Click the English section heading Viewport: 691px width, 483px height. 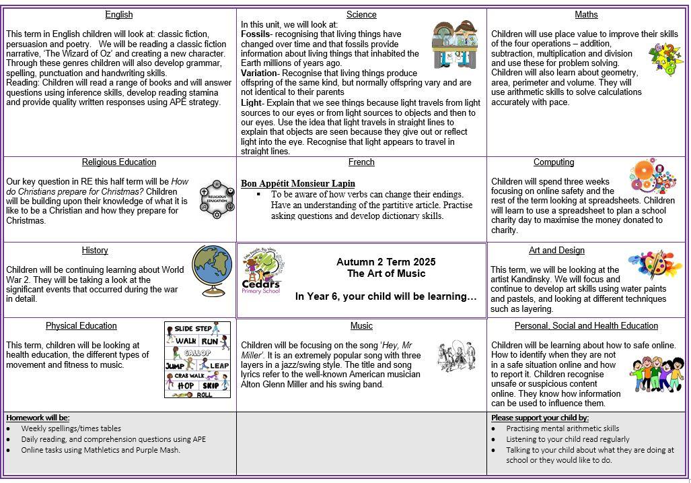click(119, 15)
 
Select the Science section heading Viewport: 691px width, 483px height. click(361, 15)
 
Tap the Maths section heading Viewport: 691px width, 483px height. click(586, 15)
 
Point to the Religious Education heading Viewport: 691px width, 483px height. click(119, 162)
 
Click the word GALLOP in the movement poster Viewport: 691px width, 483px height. click(197, 353)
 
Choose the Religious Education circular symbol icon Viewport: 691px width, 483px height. click(217, 200)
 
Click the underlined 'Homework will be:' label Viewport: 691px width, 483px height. click(38, 418)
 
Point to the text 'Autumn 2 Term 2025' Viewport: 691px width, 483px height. click(386, 262)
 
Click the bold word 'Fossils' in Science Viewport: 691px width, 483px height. click(254, 34)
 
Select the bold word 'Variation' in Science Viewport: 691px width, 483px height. click(259, 73)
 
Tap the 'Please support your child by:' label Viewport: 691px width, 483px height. click(540, 418)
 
